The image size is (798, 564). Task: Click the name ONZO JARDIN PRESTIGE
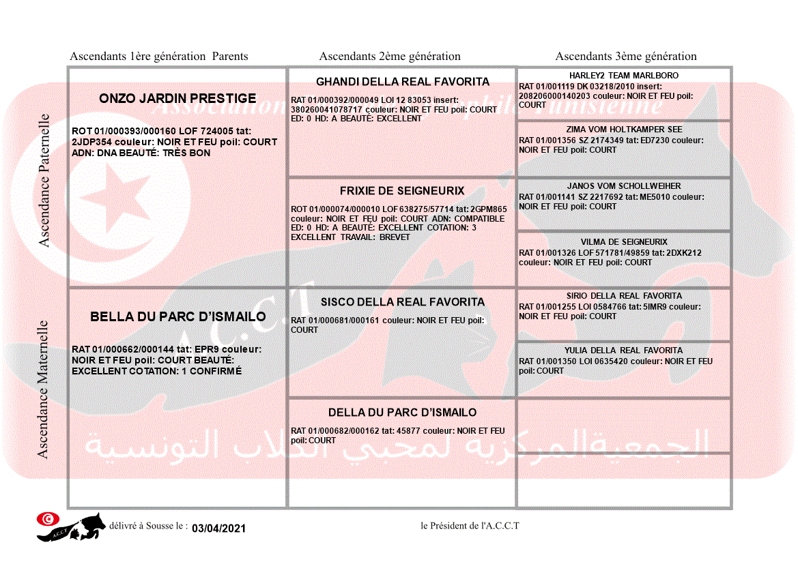click(177, 98)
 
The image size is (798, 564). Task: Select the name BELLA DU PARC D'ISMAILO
click(177, 316)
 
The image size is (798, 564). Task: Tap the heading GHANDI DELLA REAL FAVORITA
click(402, 82)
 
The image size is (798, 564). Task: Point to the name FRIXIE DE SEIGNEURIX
click(402, 191)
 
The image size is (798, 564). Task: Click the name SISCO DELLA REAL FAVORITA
click(402, 302)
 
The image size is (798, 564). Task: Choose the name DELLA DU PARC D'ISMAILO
click(402, 413)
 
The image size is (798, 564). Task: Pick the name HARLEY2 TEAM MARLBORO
click(624, 76)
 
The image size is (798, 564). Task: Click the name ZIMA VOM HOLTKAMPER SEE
click(624, 130)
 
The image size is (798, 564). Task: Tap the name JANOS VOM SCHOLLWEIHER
click(624, 186)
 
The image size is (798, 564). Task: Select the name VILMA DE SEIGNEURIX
click(624, 242)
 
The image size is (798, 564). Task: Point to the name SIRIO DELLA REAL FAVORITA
click(624, 296)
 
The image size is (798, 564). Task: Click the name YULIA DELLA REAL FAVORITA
click(624, 351)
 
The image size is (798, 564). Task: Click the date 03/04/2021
click(218, 529)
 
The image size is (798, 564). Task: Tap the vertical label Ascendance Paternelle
click(44, 180)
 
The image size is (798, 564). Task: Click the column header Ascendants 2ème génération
click(390, 57)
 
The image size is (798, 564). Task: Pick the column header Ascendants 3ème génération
click(626, 57)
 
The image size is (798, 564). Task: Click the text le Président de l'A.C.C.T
click(470, 526)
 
